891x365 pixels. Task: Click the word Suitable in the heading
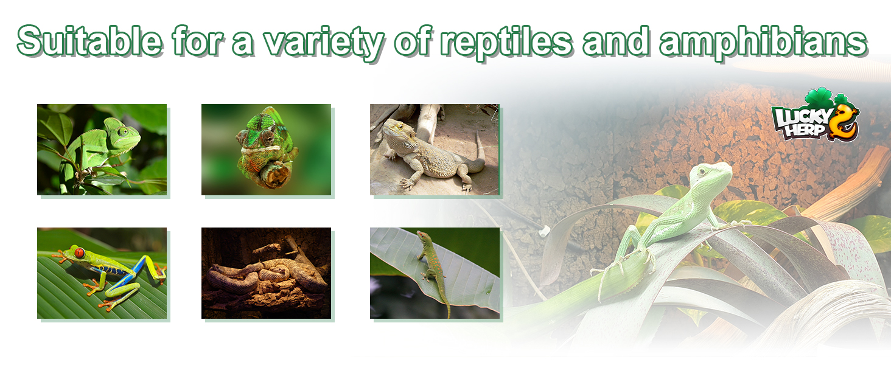point(89,41)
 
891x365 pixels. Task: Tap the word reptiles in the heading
point(506,43)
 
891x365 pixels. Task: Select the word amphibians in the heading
point(763,43)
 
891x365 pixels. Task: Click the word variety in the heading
point(324,43)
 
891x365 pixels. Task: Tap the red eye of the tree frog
point(80,253)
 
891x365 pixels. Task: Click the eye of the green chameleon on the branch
point(124,131)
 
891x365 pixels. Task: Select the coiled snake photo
point(266,273)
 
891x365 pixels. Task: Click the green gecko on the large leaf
point(433,266)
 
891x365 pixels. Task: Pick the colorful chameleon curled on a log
point(267,148)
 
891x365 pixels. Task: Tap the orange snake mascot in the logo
point(845,122)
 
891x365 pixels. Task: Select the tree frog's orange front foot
point(60,258)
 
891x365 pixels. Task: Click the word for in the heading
point(198,41)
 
